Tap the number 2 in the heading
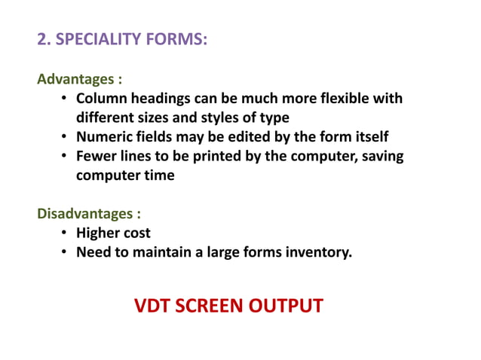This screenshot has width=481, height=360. click(x=42, y=39)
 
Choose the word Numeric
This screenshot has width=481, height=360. click(x=104, y=137)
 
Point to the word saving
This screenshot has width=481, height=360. click(x=380, y=157)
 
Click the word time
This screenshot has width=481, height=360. click(x=158, y=175)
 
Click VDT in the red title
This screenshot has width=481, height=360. click(x=152, y=307)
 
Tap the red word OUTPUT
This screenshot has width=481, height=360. click(x=290, y=307)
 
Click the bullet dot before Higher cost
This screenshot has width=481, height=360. click(x=66, y=233)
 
